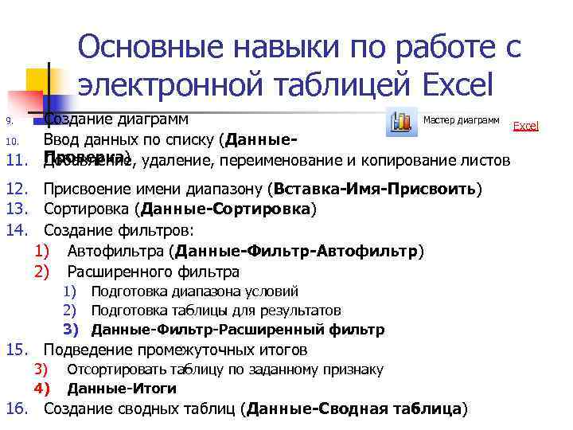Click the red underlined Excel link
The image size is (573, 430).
[525, 126]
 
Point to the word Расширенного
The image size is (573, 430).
[115, 272]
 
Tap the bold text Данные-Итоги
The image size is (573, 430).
[122, 389]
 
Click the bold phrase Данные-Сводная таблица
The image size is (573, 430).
[354, 409]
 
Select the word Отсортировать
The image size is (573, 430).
[111, 369]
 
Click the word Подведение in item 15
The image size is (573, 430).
[84, 350]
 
